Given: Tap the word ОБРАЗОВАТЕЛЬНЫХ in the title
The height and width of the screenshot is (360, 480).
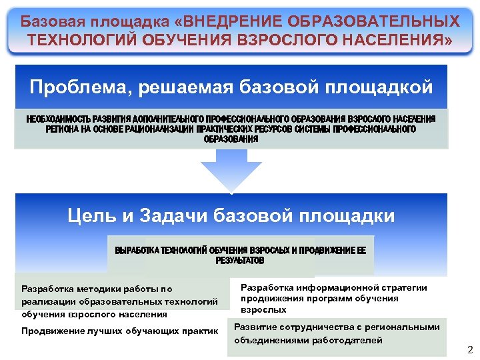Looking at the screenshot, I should [385, 21].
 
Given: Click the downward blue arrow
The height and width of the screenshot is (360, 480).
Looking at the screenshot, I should [231, 170].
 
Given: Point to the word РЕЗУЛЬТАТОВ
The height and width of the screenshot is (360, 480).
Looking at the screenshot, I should [240, 261].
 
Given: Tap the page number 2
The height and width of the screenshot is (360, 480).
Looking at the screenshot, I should [469, 349].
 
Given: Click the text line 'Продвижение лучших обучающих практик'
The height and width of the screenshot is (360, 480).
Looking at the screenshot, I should [120, 331].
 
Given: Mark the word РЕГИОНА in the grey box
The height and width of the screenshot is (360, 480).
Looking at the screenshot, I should [62, 129].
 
